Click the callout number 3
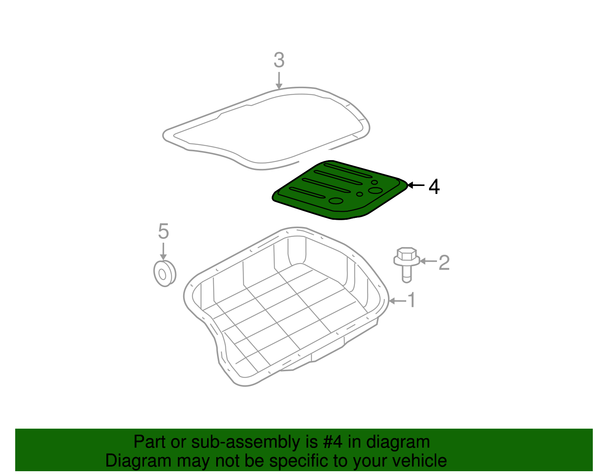click(x=279, y=60)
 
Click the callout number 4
click(x=434, y=187)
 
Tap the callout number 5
click(x=163, y=231)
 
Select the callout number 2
click(x=444, y=262)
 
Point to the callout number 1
click(x=412, y=300)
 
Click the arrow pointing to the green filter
click(x=416, y=186)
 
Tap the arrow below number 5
click(x=163, y=251)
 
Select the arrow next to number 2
click(x=428, y=261)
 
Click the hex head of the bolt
click(x=406, y=254)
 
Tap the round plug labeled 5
click(x=164, y=273)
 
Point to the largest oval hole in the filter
click(x=375, y=191)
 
